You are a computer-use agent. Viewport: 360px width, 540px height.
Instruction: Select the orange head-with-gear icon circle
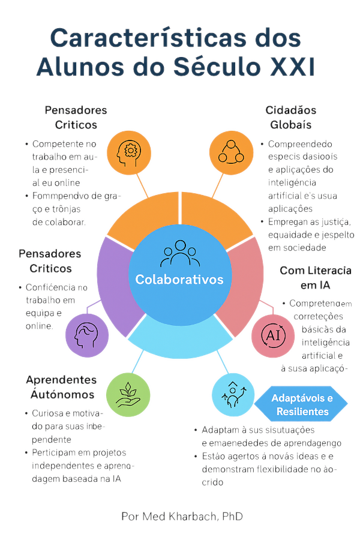128,151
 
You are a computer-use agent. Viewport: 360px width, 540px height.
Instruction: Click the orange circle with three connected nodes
230,151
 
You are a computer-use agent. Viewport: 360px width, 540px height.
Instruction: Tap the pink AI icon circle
272,333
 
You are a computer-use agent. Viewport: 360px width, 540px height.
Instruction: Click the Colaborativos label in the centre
179,280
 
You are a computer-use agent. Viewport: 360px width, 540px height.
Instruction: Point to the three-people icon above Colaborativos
179,254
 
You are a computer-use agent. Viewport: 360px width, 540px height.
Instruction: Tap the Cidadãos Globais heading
291,118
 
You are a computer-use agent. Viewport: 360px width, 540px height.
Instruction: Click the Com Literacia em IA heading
315,278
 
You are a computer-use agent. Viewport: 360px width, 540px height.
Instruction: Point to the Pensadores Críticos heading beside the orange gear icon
76,118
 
